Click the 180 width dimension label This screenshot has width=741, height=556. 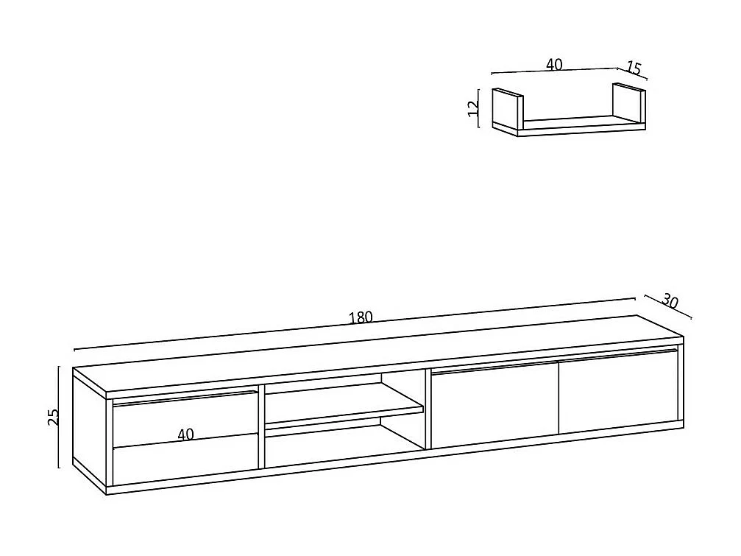click(361, 317)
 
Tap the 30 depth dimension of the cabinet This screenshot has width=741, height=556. click(670, 300)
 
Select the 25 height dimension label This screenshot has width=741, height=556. click(52, 417)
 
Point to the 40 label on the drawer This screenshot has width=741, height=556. click(185, 434)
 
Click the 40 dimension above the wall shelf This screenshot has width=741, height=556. click(554, 65)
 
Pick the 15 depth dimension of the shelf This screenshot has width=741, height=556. click(634, 68)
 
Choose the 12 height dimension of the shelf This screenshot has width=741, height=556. click(474, 108)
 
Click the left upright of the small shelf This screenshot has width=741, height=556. click(506, 110)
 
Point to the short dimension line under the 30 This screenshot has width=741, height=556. click(668, 308)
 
